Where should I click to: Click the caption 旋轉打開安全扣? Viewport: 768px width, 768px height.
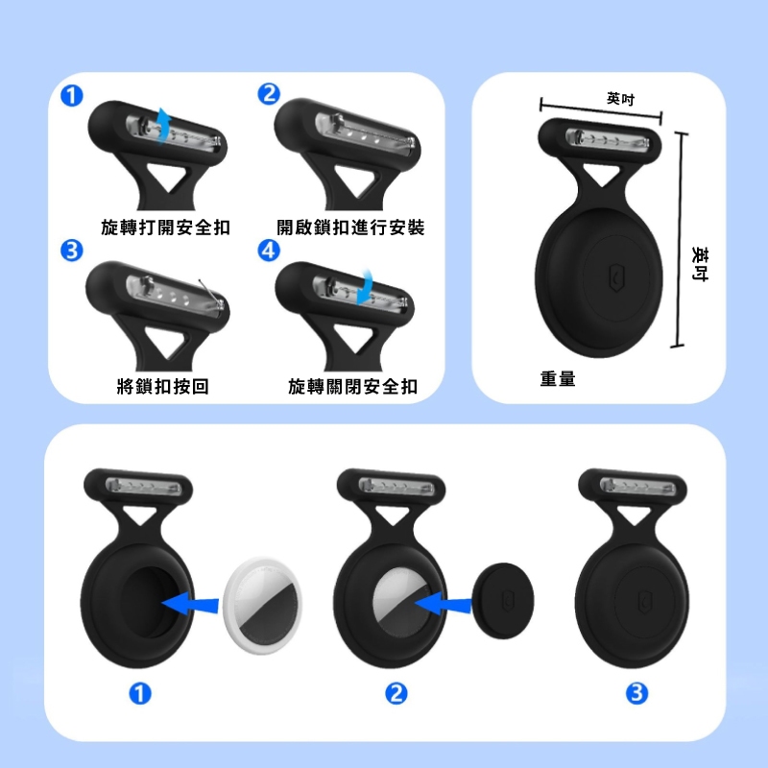[165, 228]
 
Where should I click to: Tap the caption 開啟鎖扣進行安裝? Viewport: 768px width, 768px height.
[350, 228]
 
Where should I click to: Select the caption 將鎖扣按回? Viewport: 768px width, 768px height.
[163, 387]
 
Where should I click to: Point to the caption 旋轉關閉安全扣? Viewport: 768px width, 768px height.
[352, 387]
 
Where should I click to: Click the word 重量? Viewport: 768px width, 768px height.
[558, 379]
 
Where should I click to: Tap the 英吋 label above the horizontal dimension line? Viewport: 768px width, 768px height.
[620, 99]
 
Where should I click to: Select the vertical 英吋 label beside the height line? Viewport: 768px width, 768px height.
[700, 263]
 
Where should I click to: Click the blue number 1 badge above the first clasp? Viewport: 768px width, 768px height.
[71, 95]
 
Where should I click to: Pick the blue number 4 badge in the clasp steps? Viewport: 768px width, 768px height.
[269, 251]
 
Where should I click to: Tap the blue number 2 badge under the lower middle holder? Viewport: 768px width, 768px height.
[396, 693]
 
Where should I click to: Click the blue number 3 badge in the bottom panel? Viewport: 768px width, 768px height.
[636, 693]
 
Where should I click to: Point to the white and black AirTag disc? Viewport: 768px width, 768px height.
[262, 606]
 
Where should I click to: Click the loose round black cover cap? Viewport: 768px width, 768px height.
[503, 601]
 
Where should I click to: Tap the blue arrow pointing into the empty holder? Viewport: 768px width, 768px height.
[189, 603]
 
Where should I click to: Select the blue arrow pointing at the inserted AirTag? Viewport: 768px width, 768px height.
[443, 603]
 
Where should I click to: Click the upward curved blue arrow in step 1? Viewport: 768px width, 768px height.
[164, 127]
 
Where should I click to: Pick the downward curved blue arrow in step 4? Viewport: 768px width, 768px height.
[365, 286]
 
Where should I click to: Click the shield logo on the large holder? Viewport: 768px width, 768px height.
[616, 278]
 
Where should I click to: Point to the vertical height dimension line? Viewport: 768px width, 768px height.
[680, 240]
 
